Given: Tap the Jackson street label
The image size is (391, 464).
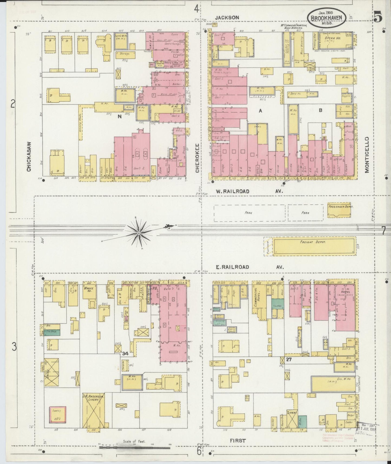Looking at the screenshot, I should (x=227, y=17).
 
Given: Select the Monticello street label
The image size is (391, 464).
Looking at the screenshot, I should (x=367, y=154).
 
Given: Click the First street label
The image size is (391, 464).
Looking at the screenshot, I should (x=238, y=440).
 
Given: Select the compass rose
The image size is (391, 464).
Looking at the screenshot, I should (x=139, y=233).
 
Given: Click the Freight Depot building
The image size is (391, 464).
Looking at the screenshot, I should (x=314, y=246).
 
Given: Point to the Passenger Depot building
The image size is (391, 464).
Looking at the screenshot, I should (x=341, y=210).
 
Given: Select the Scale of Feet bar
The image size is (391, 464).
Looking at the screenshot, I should (x=134, y=448).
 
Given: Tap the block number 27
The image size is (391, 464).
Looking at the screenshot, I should (x=289, y=360).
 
